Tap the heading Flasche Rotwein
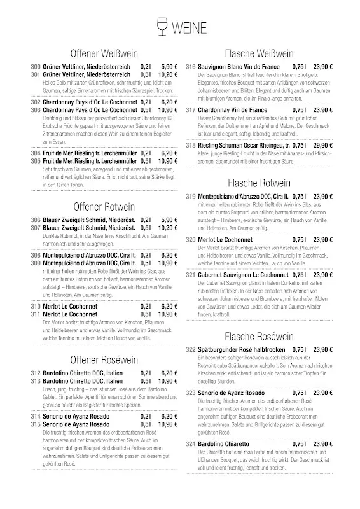tap(258, 182)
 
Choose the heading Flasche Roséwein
tap(258, 335)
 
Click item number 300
tap(36, 66)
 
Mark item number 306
tap(36, 220)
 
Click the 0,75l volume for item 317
tap(299, 109)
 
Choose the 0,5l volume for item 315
tap(146, 423)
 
